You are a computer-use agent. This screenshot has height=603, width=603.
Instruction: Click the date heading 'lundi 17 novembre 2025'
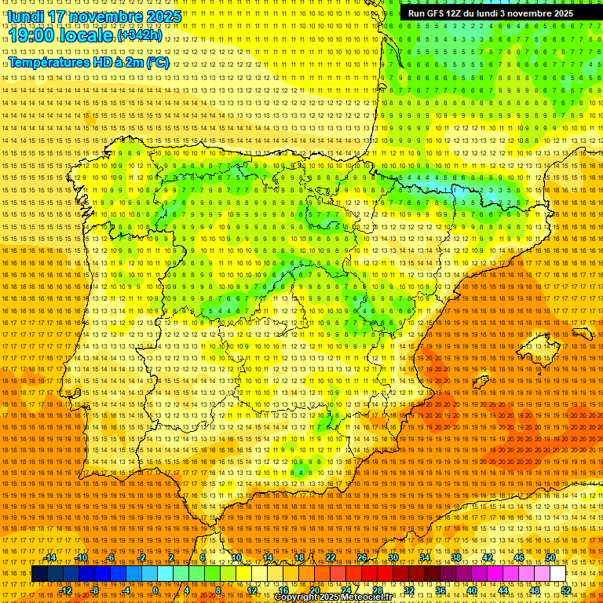click(94, 16)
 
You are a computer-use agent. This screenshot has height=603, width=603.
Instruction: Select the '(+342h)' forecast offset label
click(141, 35)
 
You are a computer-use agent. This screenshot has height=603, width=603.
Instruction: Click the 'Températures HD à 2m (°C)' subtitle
click(89, 62)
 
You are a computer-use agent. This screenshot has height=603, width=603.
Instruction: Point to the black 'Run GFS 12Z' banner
click(491, 13)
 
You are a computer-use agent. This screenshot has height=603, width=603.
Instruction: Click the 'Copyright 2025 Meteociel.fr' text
click(334, 598)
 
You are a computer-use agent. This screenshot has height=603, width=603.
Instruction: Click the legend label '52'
click(565, 590)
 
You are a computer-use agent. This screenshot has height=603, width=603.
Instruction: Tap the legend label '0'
click(155, 590)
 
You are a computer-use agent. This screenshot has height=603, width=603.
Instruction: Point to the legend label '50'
click(550, 557)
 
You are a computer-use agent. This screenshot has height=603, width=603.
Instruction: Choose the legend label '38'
click(456, 557)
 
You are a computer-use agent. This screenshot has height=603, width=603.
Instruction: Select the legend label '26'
click(362, 557)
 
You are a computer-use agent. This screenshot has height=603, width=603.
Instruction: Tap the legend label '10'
click(236, 557)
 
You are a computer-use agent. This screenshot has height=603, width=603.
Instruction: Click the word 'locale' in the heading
click(85, 36)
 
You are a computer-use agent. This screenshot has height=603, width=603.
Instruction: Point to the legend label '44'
click(502, 590)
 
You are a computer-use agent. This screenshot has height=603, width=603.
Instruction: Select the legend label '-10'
click(82, 557)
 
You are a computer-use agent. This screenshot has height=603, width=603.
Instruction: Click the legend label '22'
click(331, 557)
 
